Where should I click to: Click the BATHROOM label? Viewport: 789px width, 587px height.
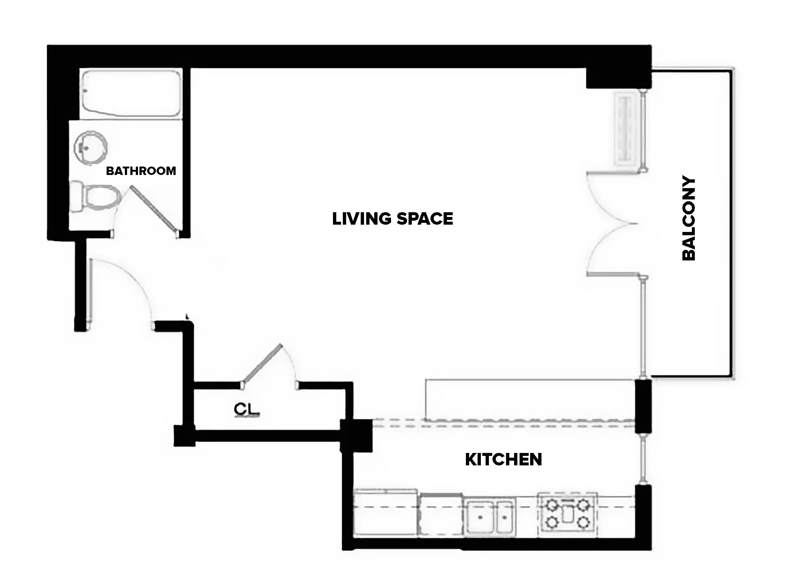click(141, 171)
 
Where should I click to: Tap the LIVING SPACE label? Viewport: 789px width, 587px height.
click(392, 218)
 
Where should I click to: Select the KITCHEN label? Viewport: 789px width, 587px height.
click(503, 459)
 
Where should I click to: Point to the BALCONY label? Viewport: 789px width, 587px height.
click(689, 218)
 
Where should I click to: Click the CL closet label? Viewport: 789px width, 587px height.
click(247, 409)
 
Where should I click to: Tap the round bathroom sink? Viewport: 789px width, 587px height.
click(91, 148)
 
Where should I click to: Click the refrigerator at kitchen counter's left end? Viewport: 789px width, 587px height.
click(385, 513)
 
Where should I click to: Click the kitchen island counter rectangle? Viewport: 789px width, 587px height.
click(529, 400)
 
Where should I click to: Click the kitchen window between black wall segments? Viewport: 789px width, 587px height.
click(644, 459)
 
